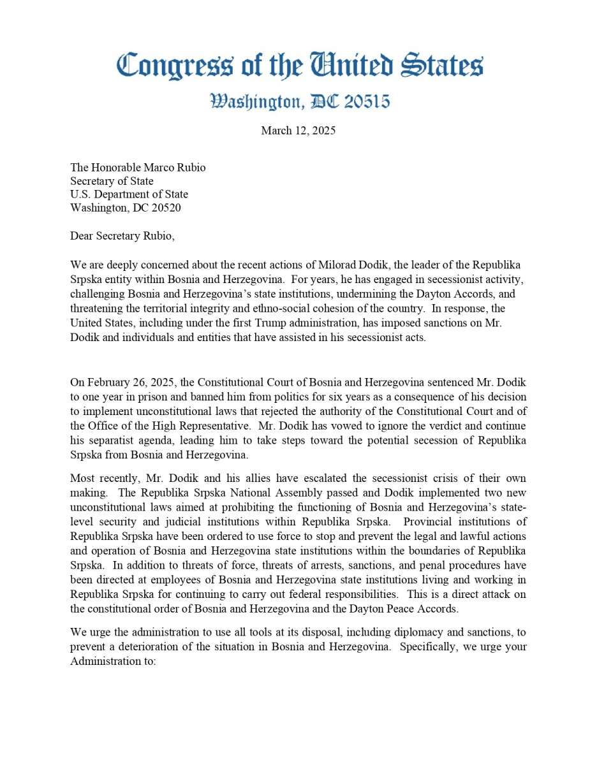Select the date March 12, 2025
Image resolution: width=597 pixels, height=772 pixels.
[298, 131]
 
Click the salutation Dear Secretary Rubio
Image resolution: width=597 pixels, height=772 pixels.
[122, 236]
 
